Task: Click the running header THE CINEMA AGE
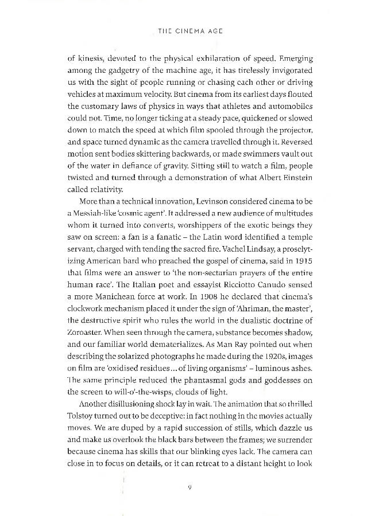(x=189, y=32)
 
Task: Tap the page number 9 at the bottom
(x=189, y=488)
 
